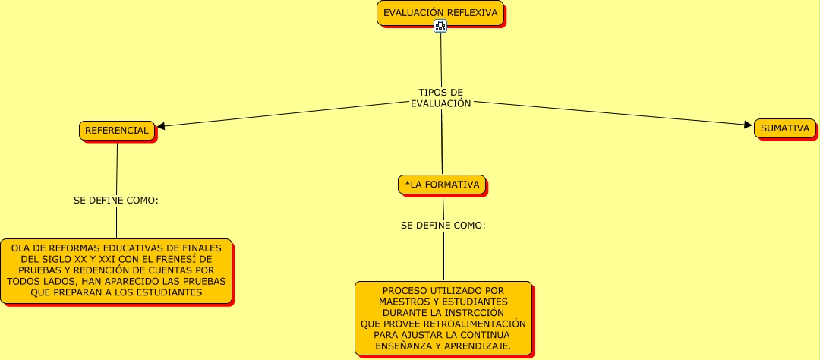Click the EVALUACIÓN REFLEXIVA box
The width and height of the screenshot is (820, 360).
tap(440, 13)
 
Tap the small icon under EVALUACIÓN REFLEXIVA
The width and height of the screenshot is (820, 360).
tap(440, 26)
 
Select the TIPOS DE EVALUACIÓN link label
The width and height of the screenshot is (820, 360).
tap(440, 98)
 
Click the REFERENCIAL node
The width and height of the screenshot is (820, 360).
tap(117, 131)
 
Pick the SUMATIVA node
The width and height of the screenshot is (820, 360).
tap(785, 128)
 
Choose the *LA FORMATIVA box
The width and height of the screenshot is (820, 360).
tap(442, 185)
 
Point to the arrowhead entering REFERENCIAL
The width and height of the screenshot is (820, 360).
tap(161, 127)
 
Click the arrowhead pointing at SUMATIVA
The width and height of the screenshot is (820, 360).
tap(748, 125)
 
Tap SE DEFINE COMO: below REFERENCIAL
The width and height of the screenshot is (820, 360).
tap(116, 201)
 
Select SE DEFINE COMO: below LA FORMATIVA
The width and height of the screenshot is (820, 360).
tap(443, 226)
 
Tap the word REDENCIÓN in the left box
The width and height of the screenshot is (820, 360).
tap(112, 270)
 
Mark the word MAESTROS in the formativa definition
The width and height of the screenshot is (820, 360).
tap(402, 302)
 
